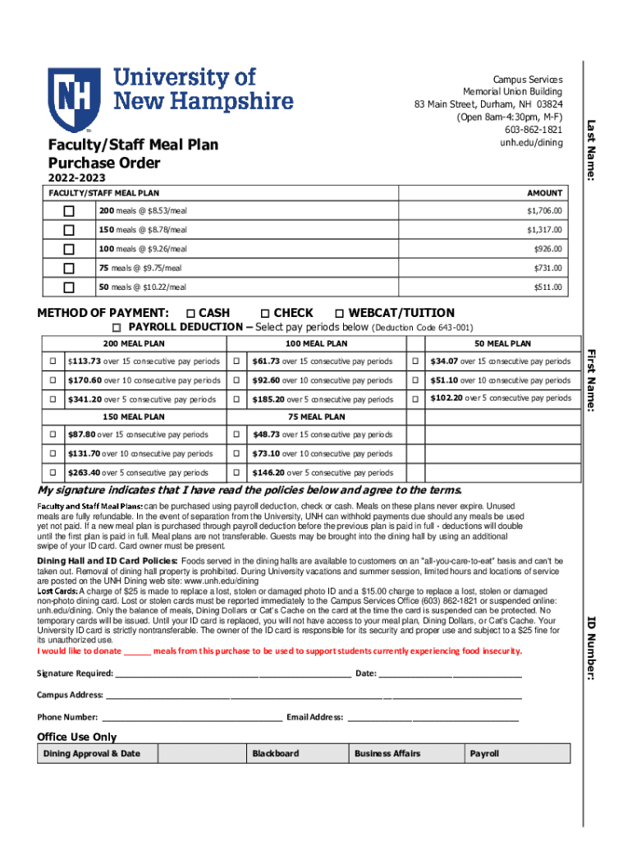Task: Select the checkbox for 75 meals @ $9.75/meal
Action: tap(69, 268)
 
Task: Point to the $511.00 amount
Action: tap(547, 287)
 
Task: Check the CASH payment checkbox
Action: tap(190, 313)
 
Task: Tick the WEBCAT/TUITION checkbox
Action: tap(339, 313)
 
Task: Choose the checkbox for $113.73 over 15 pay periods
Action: tap(51, 361)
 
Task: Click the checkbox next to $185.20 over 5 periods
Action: tap(236, 399)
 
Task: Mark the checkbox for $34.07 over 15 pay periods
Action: tap(416, 361)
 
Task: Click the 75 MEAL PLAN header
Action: tap(316, 416)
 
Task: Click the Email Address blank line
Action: tap(433, 717)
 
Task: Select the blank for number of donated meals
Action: tap(137, 651)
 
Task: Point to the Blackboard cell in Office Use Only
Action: tap(276, 753)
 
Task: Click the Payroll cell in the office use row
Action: tap(484, 753)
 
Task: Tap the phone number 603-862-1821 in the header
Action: tap(534, 130)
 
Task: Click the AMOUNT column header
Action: tap(544, 193)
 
